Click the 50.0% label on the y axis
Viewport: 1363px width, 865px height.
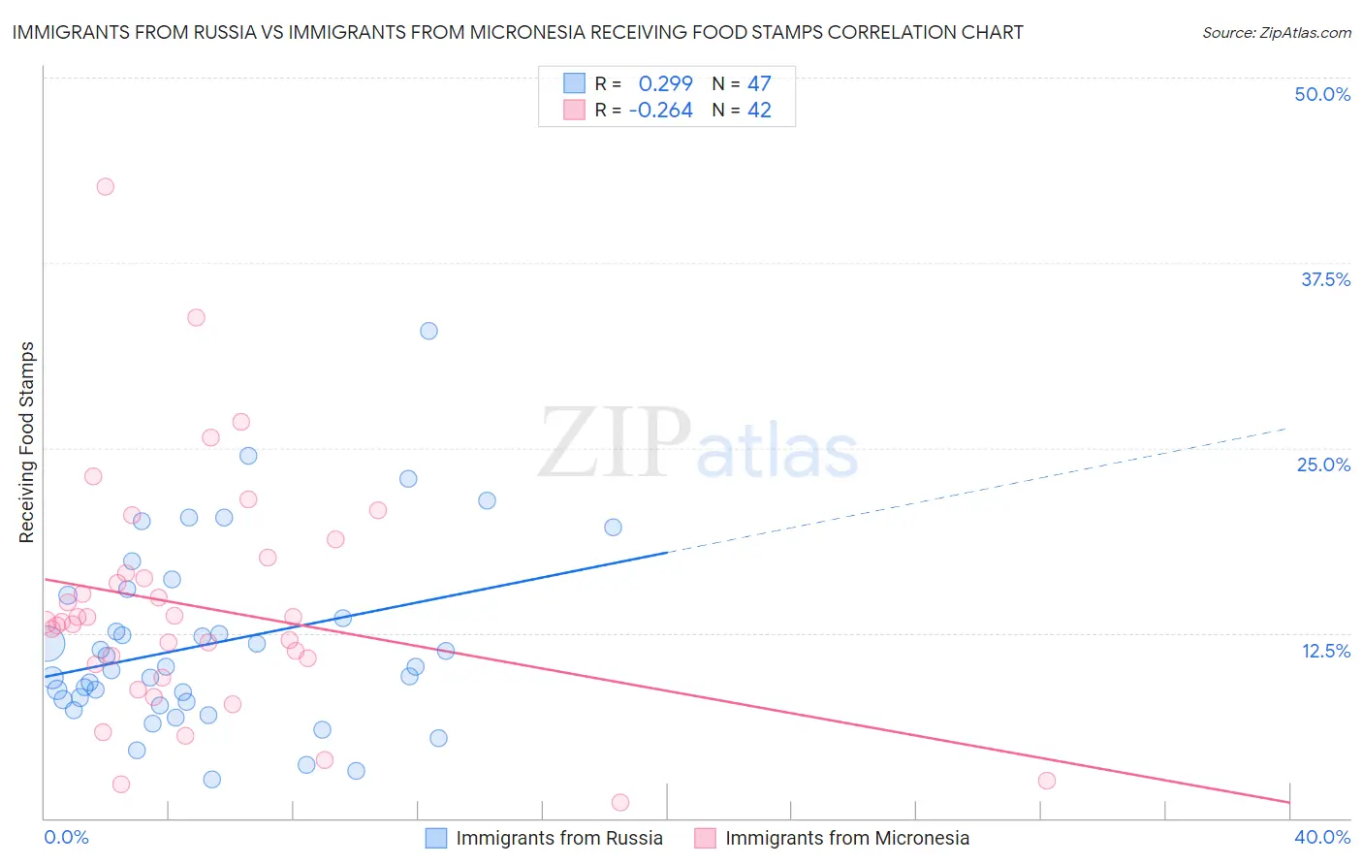[1322, 94]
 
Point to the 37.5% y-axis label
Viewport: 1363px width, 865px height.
[1325, 279]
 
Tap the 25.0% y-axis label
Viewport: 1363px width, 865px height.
[1323, 465]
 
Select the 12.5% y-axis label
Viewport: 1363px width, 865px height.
[1325, 651]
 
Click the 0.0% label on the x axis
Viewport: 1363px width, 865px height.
[67, 837]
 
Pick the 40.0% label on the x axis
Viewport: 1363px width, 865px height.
[1322, 837]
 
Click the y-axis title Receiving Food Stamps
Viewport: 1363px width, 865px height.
[27, 442]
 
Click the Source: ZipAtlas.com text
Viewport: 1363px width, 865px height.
[1277, 33]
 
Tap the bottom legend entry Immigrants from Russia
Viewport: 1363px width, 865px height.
[559, 838]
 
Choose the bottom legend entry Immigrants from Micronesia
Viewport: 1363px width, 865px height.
[846, 838]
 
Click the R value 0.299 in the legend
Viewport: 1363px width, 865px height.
[665, 84]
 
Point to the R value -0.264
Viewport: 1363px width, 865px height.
[660, 111]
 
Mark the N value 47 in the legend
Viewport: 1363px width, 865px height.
[759, 84]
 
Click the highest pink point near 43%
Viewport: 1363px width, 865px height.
[106, 187]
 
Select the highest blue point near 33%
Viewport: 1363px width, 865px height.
[428, 331]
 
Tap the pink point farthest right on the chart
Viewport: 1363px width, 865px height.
[1046, 781]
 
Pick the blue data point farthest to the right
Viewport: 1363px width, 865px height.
[613, 528]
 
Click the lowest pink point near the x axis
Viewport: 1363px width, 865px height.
[620, 802]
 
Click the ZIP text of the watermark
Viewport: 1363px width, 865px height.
[615, 443]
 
